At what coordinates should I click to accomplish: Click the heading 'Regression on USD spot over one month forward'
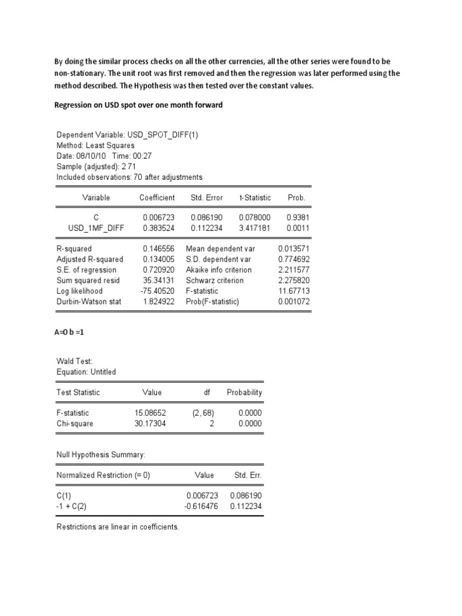tap(138, 105)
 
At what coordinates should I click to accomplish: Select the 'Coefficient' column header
tap(157, 197)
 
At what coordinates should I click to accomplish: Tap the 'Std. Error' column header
tap(206, 197)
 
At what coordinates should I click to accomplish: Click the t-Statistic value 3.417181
tap(254, 228)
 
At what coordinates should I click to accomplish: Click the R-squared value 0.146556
tap(159, 248)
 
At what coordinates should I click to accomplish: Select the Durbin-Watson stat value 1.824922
tap(159, 301)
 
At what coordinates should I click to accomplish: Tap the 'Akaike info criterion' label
tap(219, 270)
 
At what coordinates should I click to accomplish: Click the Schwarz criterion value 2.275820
tap(294, 280)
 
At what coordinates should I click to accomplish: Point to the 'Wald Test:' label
tap(75, 361)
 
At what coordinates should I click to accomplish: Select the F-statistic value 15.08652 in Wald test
tap(150, 413)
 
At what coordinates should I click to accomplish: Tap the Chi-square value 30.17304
tap(150, 423)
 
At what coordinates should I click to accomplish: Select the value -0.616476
tap(200, 506)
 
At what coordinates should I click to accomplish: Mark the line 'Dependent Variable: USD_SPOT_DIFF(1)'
tap(127, 134)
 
